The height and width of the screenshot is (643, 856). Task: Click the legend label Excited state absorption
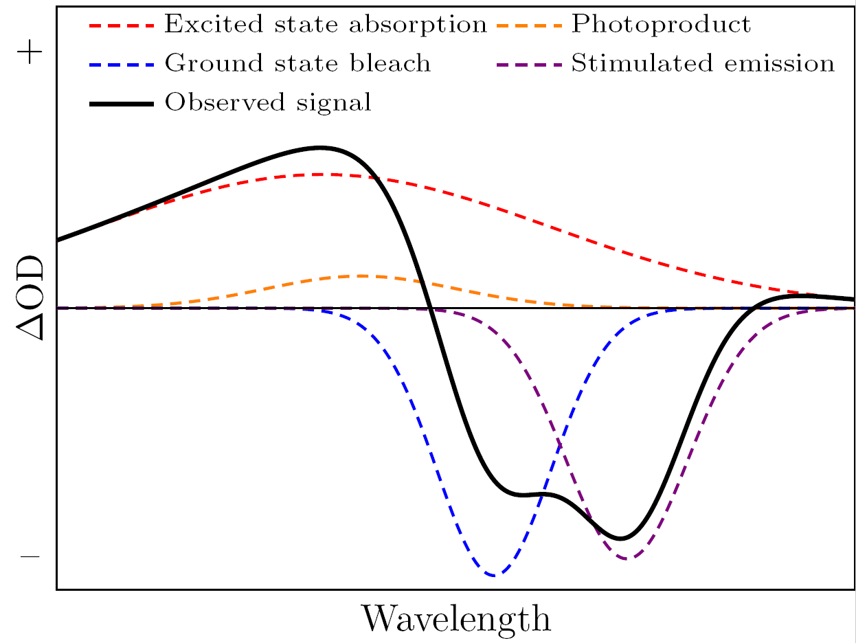point(326,25)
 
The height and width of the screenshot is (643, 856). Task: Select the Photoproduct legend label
point(661,25)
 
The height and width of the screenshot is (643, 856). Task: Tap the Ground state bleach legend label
point(297,64)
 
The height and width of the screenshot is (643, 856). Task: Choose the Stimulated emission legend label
point(703,64)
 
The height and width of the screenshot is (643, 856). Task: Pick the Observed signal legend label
point(268,103)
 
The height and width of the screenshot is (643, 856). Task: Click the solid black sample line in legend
point(121,103)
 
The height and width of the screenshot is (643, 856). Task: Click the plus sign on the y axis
point(30,54)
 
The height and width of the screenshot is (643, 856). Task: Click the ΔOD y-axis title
point(30,299)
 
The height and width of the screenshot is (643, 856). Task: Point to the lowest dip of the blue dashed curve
point(494,575)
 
